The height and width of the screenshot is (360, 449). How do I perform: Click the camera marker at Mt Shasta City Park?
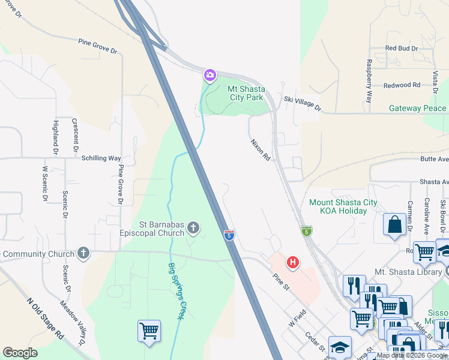[210, 75]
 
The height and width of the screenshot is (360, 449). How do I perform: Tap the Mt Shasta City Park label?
[246, 92]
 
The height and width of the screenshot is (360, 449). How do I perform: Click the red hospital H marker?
[293, 262]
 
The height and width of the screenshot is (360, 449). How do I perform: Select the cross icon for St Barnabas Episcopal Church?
[193, 227]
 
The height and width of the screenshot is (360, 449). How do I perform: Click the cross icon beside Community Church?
[83, 253]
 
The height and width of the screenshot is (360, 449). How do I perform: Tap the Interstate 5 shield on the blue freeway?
[229, 235]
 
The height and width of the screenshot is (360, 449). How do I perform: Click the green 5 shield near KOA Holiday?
[307, 231]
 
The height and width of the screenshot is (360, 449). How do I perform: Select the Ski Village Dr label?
[303, 104]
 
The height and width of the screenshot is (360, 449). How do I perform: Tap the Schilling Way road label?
[102, 158]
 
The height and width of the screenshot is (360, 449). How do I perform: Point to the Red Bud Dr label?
[401, 48]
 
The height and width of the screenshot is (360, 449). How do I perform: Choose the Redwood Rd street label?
[402, 85]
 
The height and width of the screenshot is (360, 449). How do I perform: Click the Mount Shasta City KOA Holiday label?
[343, 206]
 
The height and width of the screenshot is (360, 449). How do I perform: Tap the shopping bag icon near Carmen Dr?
[396, 225]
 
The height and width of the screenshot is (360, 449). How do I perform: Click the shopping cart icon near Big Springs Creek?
[149, 331]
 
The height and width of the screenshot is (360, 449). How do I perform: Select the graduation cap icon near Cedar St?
[340, 347]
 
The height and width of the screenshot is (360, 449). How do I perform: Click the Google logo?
[20, 353]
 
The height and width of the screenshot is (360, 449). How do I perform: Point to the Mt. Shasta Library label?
[408, 272]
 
